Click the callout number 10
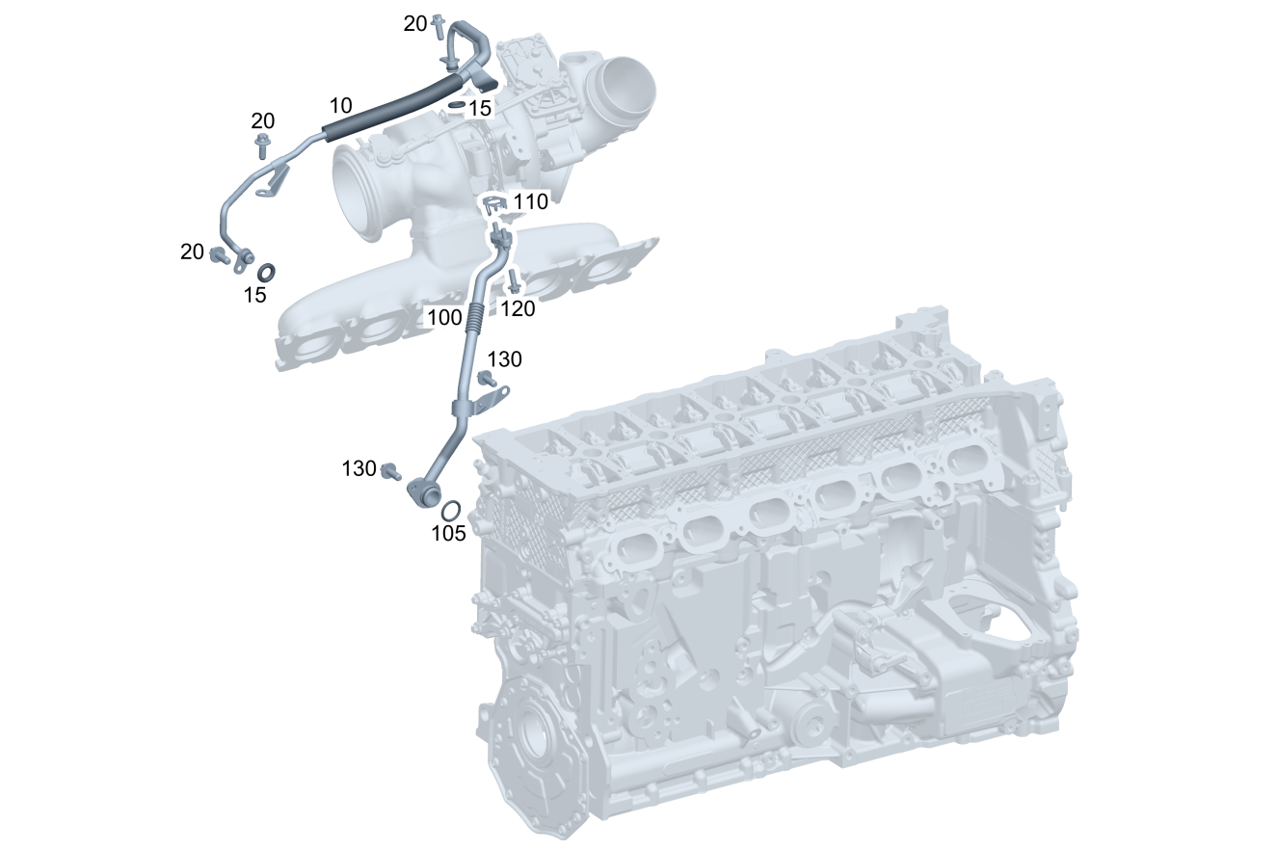pyautogui.click(x=340, y=106)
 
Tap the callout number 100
pyautogui.click(x=444, y=317)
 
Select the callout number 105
pyautogui.click(x=448, y=533)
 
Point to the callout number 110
pyautogui.click(x=531, y=201)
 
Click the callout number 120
pyautogui.click(x=518, y=308)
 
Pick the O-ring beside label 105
pyautogui.click(x=451, y=510)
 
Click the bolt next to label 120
pyautogui.click(x=513, y=281)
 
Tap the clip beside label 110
pyautogui.click(x=494, y=206)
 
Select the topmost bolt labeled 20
pyautogui.click(x=439, y=27)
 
